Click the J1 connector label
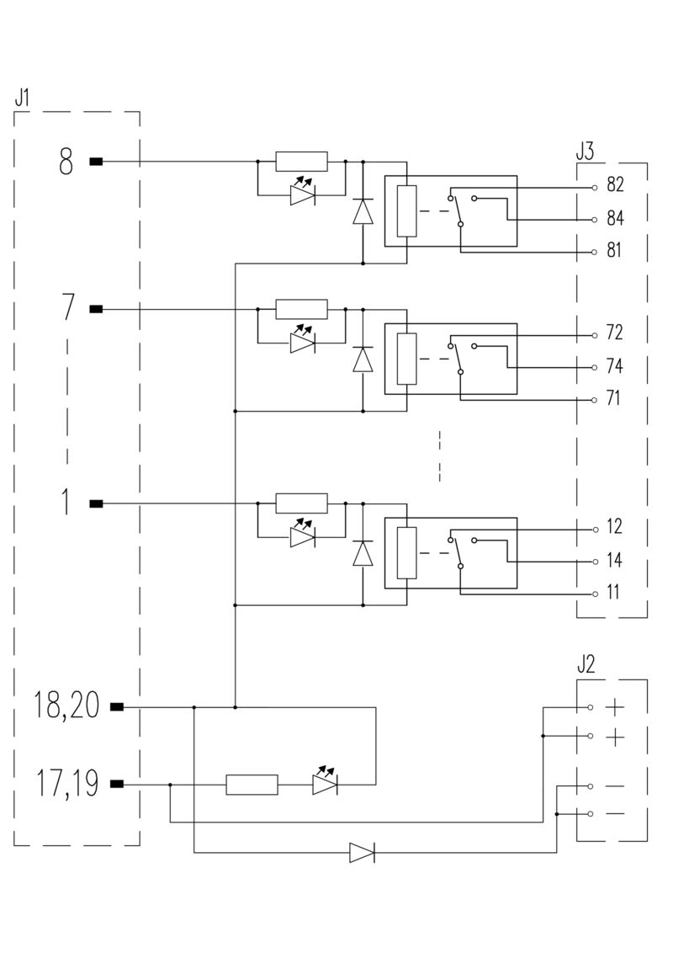coord(22,97)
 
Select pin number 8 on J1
coord(66,161)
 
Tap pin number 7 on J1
coord(68,309)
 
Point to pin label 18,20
coord(66,706)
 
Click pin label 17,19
coord(66,784)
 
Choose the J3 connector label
coord(585,152)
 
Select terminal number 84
coord(614,219)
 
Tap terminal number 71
coord(613,398)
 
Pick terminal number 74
coord(614,366)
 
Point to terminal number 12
coord(613,527)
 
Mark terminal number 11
coord(612,593)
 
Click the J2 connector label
coord(586,665)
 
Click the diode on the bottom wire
coord(362,853)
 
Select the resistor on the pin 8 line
coord(301,161)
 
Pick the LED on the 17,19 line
coord(324,783)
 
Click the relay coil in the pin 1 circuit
coord(406,553)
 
